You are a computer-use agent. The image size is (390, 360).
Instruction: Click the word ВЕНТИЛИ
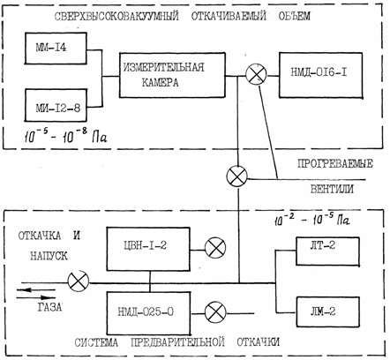click(x=332, y=189)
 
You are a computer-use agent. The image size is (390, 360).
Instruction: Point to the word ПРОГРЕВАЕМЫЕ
click(x=335, y=163)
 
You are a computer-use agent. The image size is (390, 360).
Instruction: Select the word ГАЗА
click(x=49, y=307)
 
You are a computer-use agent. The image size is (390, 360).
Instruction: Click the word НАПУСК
click(x=49, y=256)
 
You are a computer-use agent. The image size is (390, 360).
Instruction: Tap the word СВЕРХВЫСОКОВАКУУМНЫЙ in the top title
click(x=116, y=16)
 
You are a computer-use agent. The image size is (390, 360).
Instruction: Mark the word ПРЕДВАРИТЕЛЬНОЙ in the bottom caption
click(x=177, y=342)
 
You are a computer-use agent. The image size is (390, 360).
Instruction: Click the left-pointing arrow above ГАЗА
click(x=36, y=289)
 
